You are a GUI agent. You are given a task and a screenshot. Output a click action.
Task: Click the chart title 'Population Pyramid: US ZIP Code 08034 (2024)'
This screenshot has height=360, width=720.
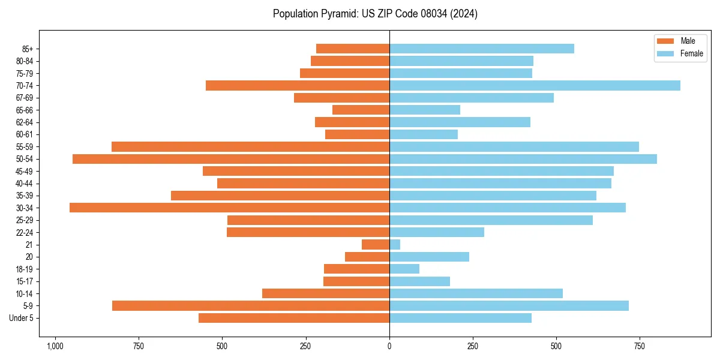tap(375, 14)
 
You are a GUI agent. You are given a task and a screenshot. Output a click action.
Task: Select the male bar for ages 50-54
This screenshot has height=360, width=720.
tap(231, 159)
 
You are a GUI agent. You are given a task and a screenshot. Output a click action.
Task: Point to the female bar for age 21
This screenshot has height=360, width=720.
tap(395, 245)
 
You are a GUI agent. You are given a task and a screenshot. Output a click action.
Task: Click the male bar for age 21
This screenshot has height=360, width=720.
tap(376, 245)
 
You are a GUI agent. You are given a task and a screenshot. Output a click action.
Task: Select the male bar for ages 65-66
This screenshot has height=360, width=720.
tap(361, 110)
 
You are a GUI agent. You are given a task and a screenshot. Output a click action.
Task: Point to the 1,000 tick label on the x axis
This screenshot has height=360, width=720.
tap(55, 346)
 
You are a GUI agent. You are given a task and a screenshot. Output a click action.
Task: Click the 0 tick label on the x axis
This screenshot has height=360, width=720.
tap(389, 346)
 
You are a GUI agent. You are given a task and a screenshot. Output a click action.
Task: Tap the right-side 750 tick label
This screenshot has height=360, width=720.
tap(640, 346)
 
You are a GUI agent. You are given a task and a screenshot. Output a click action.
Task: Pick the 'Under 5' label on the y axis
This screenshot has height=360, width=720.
tap(21, 318)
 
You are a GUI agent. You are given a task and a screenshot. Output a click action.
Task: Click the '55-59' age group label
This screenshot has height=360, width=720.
tap(25, 147)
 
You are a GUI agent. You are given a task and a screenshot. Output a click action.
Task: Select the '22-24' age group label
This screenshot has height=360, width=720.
tap(25, 232)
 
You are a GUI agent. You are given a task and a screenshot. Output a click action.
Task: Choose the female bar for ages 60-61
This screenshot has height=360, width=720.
tap(424, 134)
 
